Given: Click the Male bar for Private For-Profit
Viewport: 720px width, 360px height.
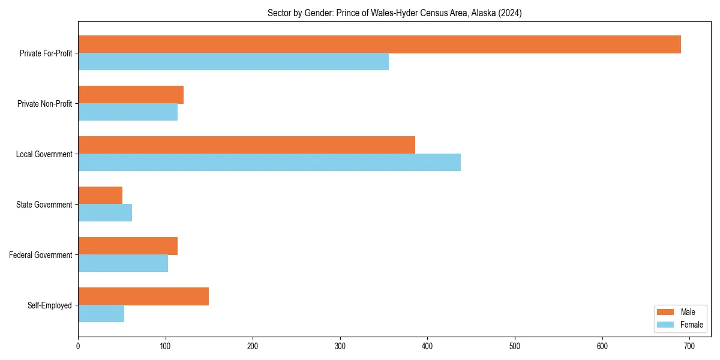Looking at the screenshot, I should (x=379, y=44).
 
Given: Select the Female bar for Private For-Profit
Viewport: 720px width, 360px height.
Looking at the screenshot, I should (x=233, y=62).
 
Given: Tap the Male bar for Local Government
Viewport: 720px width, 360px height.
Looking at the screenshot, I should (x=247, y=145).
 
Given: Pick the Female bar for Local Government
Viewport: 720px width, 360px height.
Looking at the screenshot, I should (x=269, y=163).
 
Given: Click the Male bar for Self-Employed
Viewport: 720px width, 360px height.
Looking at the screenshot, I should (x=143, y=296).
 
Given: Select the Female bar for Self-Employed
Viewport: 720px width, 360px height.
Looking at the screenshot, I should (x=101, y=314).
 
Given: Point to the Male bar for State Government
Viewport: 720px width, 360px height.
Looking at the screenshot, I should (x=100, y=196).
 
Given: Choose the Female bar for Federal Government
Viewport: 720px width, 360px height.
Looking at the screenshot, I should (x=123, y=263).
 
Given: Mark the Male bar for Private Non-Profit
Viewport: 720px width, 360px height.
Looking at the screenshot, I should (x=131, y=95).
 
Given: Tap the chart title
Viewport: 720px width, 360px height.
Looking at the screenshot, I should (x=394, y=13).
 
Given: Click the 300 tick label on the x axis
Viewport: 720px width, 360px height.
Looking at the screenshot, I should (x=340, y=346).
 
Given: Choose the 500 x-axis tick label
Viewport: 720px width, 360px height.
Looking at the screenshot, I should (x=515, y=346).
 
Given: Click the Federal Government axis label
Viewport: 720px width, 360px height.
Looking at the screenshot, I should (x=41, y=255).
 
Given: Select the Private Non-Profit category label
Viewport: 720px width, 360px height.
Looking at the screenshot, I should (x=46, y=104).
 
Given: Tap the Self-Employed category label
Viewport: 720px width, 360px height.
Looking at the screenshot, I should (x=50, y=305).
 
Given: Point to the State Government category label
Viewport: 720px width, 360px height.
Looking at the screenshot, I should (x=44, y=205).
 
